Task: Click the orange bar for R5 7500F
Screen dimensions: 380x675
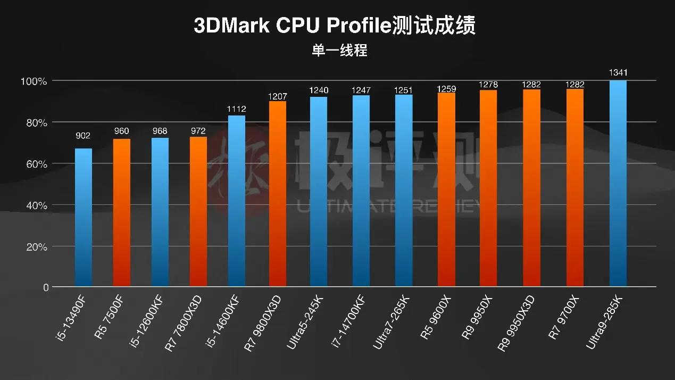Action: pos(122,213)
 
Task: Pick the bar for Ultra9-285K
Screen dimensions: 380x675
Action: pos(618,184)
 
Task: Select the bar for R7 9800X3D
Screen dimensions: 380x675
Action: pos(278,194)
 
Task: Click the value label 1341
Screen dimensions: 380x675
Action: pos(618,72)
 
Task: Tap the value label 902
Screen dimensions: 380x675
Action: pos(84,136)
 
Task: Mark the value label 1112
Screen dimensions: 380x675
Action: pos(236,109)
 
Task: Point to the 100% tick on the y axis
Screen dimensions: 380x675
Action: pos(34,81)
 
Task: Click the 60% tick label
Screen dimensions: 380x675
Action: pos(35,164)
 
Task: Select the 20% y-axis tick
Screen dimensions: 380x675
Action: pos(35,247)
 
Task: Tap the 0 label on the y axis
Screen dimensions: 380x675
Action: pos(46,287)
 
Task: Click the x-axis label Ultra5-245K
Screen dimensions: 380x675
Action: pos(305,322)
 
